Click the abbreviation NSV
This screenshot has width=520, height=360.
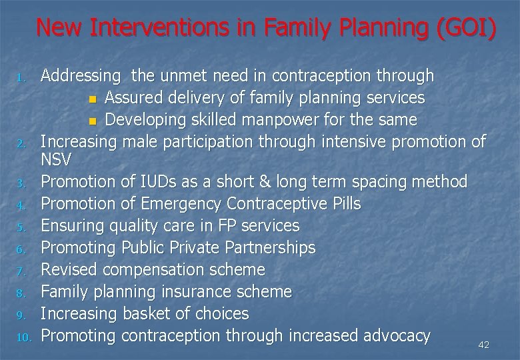coord(56,160)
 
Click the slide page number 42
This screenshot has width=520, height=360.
coord(484,345)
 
